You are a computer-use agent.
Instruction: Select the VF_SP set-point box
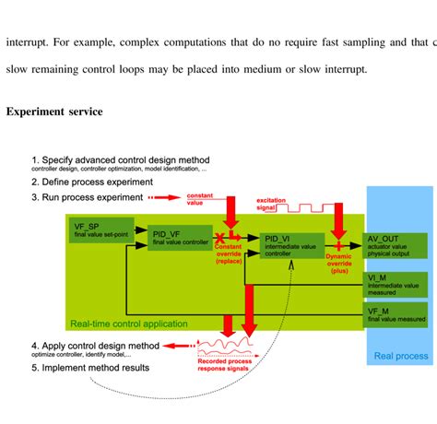point(100,230)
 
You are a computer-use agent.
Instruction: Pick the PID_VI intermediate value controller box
point(291,245)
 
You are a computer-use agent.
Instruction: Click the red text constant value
point(201,199)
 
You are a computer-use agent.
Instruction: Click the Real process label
point(400,356)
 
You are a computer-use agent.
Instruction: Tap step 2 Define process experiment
point(93,182)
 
